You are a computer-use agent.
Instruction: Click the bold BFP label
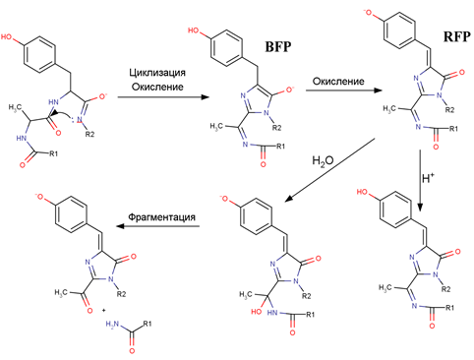[278, 46]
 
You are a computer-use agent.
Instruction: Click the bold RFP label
[457, 36]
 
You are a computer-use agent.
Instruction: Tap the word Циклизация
[157, 73]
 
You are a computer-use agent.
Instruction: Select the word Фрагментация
[161, 217]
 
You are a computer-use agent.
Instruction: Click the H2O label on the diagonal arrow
[323, 161]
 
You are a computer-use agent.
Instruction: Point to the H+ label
[429, 178]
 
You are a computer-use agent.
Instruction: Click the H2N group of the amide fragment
[112, 325]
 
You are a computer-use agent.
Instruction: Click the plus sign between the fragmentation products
[104, 310]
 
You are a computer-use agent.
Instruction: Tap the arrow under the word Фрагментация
[158, 226]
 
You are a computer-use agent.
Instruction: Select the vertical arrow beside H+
[420, 180]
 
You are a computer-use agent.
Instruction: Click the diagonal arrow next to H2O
[330, 170]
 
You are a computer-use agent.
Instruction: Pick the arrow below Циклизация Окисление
[163, 97]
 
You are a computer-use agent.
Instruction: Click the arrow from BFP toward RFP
[344, 90]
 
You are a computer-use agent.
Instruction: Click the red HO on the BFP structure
[194, 30]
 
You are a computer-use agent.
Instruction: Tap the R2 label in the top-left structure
[89, 134]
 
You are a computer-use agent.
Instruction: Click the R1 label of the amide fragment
[148, 324]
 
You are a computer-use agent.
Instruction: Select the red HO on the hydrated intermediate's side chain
[257, 312]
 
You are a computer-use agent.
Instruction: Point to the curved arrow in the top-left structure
[65, 116]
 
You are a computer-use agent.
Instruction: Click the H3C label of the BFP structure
[216, 126]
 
